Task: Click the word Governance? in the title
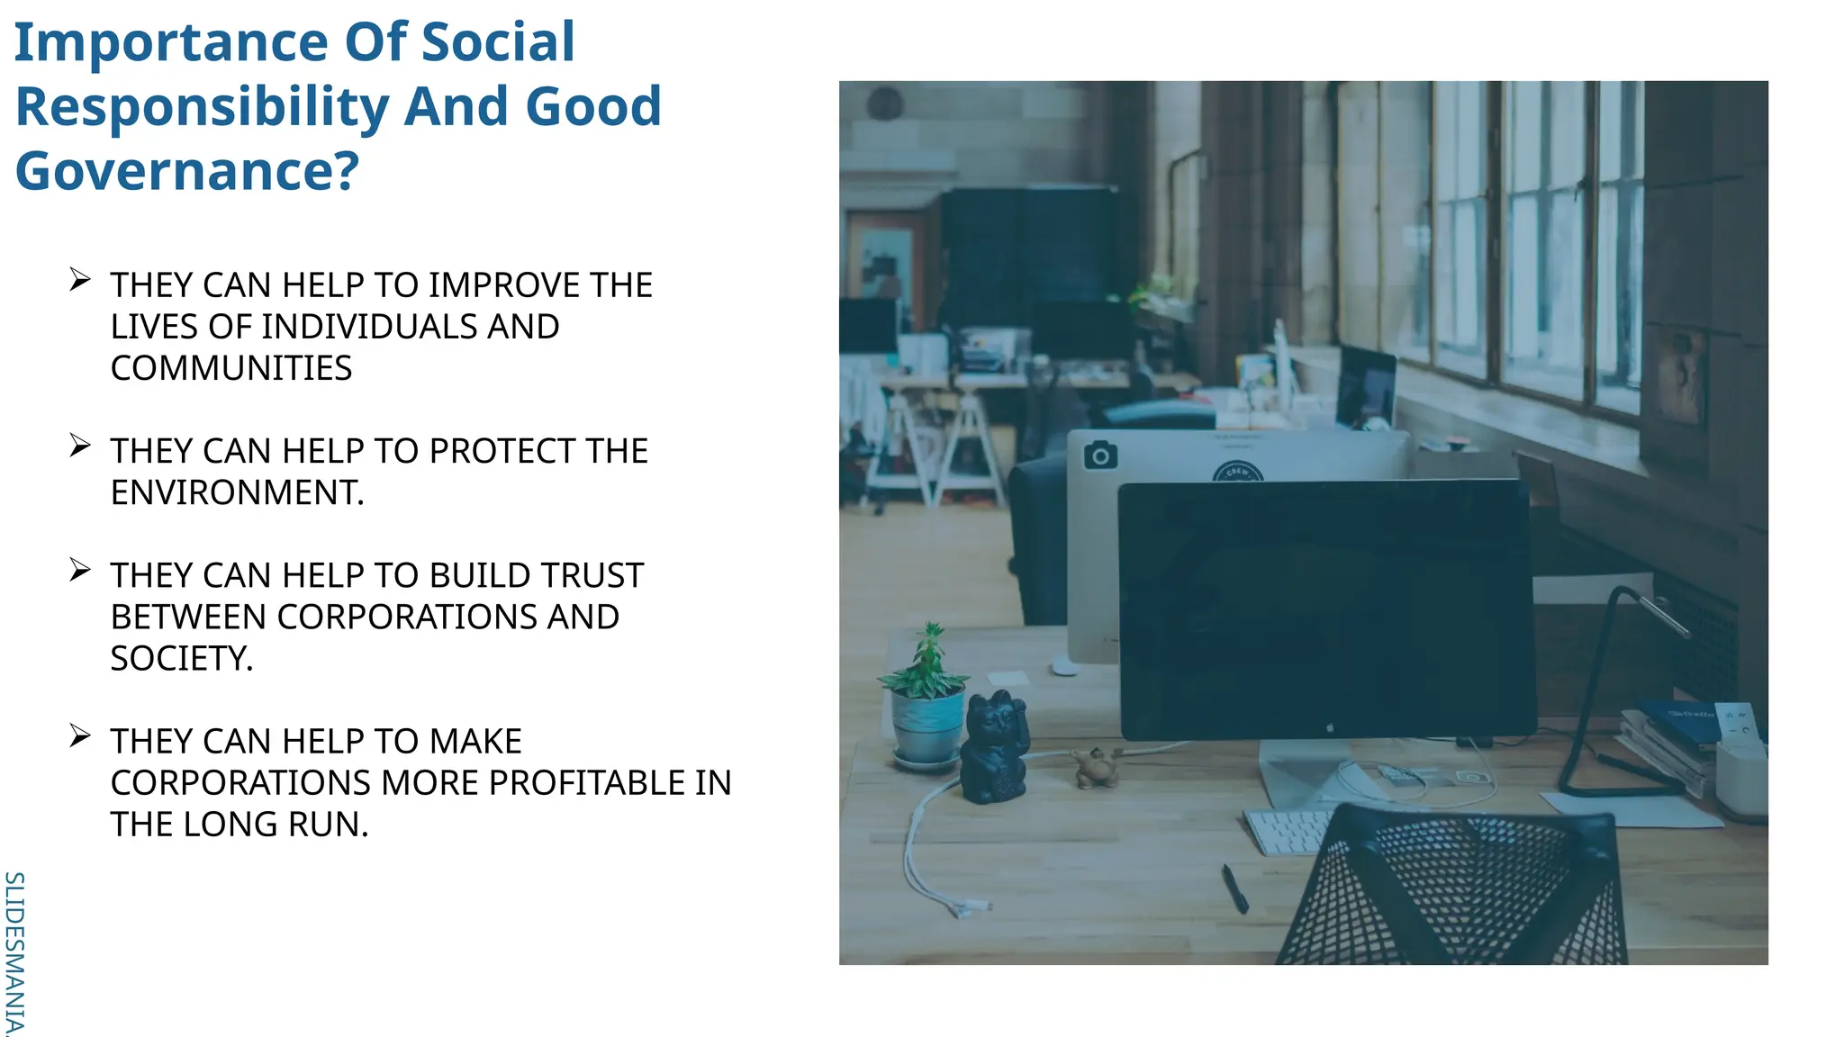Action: (187, 171)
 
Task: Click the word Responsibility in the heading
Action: (202, 106)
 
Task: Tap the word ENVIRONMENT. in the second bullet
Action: (237, 492)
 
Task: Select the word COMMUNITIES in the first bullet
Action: (231, 368)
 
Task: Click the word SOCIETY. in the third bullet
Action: (182, 659)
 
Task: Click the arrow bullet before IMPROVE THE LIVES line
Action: (80, 280)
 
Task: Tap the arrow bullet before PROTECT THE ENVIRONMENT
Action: (80, 446)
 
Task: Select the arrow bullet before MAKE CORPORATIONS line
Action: (80, 736)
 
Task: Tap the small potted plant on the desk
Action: (927, 703)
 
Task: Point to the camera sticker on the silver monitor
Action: (1100, 456)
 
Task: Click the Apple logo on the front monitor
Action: (1331, 726)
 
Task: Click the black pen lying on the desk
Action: (1234, 888)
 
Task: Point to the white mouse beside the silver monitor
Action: (1064, 667)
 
